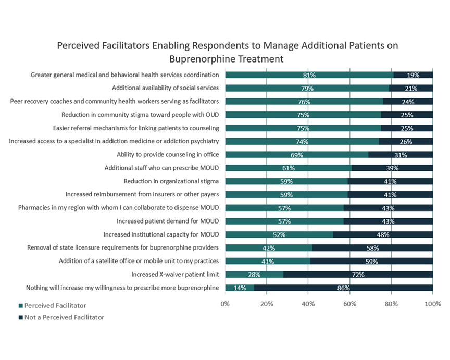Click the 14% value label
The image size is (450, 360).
239,288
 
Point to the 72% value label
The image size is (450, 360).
358,274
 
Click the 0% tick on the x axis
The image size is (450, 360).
225,303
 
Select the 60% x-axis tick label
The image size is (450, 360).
349,303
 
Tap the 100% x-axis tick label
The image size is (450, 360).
432,303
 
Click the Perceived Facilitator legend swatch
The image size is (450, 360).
20,306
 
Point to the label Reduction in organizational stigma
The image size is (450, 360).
171,181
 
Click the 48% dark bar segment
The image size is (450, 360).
383,234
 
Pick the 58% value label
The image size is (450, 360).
372,247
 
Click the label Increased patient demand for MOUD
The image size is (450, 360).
168,221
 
